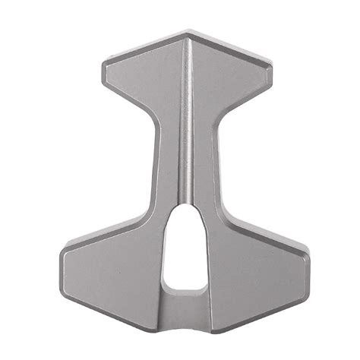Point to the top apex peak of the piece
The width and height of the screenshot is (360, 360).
188,33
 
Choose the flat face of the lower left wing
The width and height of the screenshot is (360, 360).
114,273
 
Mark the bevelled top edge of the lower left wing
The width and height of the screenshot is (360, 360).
106,231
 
